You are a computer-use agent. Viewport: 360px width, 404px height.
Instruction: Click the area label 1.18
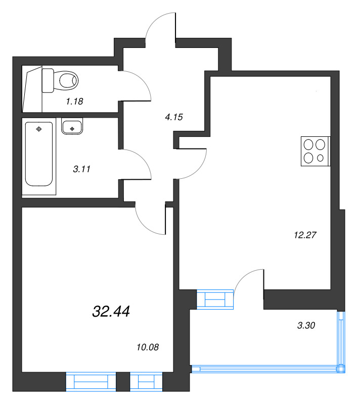pos(74,101)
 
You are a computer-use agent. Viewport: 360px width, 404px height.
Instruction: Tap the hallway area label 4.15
pos(173,117)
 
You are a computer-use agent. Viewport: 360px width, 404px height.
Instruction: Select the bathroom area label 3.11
pos(81,169)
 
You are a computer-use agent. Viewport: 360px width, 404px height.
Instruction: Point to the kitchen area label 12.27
pos(305,234)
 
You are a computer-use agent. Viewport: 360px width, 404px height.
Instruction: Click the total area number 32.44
pos(111,312)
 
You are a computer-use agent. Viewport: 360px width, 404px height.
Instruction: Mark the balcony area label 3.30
pos(306,326)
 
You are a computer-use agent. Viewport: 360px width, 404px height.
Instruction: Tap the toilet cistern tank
pos(48,81)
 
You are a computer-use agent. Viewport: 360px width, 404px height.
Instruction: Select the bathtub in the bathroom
pos(39,154)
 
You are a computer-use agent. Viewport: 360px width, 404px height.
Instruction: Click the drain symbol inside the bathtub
pos(39,130)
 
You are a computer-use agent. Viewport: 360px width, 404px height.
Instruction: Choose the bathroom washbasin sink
pos(73,127)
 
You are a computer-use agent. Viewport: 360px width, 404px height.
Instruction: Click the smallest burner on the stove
pos(321,158)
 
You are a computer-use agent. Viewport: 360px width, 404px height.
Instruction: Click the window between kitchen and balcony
pos(215,299)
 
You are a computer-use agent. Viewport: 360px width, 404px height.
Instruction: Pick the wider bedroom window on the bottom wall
pos(91,381)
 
